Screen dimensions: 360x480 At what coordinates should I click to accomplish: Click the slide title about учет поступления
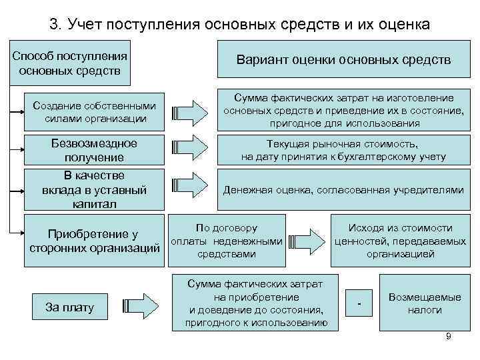(x=240, y=25)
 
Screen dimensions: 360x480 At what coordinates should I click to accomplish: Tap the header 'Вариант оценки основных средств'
(x=343, y=60)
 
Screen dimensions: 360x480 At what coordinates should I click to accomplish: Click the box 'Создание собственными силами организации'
(x=94, y=113)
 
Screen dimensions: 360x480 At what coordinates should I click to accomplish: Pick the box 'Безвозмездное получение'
(x=94, y=150)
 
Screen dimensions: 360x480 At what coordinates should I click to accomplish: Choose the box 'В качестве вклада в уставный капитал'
(x=94, y=190)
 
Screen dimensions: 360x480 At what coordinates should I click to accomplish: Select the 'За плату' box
(x=69, y=307)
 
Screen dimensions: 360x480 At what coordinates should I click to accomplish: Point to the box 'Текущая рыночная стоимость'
(x=343, y=150)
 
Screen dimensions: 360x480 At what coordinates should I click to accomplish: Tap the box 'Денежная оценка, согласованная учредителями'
(x=343, y=190)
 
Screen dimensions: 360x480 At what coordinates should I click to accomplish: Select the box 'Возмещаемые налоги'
(x=425, y=304)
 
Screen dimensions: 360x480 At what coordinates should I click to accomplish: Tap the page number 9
(x=449, y=337)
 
